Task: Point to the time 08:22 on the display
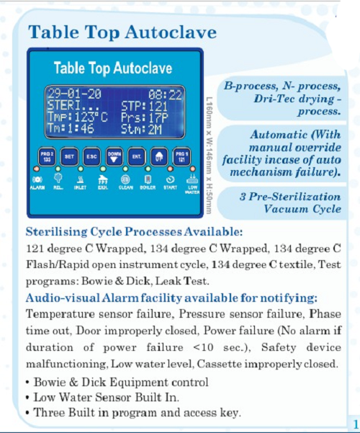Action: [165, 94]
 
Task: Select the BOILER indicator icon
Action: [148, 179]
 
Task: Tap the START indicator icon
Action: [170, 179]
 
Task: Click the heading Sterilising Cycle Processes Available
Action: [134, 233]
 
